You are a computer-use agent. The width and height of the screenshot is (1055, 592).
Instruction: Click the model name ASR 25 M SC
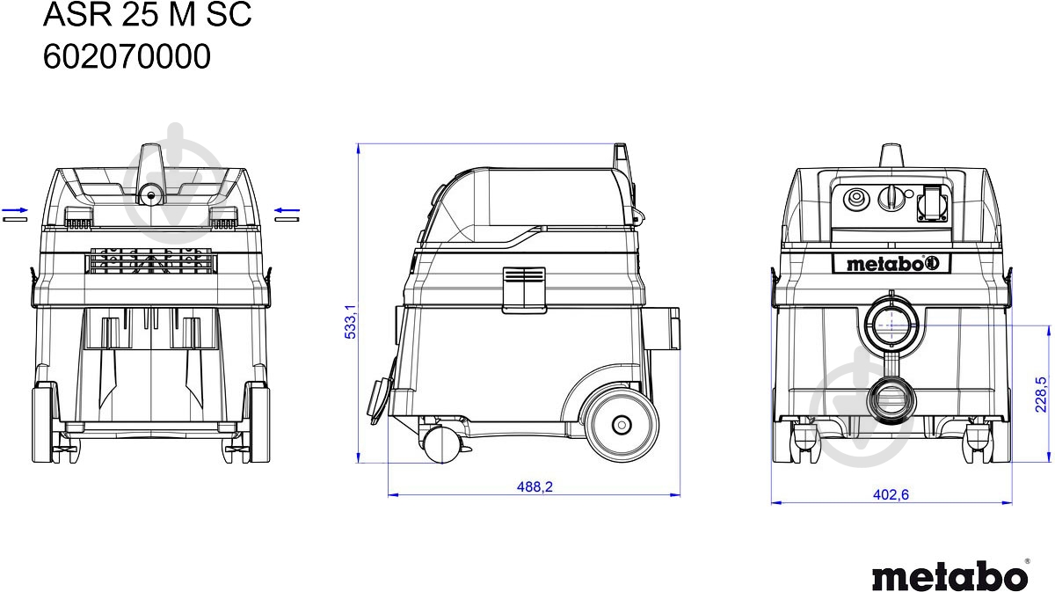147,14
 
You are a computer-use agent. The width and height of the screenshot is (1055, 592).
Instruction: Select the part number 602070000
127,56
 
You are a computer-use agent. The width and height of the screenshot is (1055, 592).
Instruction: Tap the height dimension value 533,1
351,321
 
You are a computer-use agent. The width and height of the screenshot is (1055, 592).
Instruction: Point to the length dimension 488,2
535,486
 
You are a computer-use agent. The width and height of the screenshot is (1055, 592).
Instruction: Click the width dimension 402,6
891,494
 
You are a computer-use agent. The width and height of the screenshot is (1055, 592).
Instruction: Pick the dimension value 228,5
1041,394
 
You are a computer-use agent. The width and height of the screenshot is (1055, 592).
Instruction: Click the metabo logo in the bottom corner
950,574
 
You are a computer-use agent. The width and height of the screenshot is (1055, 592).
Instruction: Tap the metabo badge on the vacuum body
891,264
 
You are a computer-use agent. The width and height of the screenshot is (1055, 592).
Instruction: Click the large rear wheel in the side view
622,425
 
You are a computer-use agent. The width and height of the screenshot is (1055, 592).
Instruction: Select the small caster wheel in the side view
441,444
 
